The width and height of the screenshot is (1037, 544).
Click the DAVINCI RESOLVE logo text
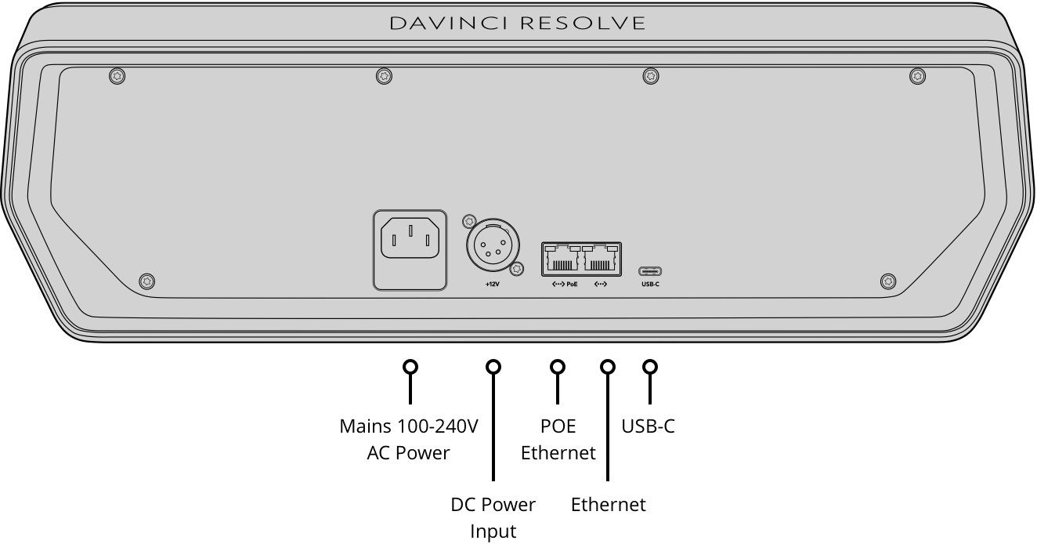click(518, 24)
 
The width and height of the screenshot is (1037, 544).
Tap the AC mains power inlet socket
click(410, 238)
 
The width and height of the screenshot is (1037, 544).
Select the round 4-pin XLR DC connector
click(493, 245)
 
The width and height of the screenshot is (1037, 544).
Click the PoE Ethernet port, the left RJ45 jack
click(562, 259)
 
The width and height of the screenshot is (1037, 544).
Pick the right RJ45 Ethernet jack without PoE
click(601, 259)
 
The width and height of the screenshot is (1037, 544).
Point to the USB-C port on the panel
click(650, 271)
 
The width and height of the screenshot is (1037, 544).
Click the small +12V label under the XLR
click(492, 284)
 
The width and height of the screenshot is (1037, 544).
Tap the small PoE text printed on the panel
click(572, 284)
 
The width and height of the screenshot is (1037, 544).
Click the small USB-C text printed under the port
click(650, 284)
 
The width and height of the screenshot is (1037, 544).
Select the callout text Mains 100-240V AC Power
click(408, 439)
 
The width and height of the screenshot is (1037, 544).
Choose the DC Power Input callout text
click(493, 517)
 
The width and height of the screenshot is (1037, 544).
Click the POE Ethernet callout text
click(558, 439)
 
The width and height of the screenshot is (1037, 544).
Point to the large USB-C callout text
click(648, 426)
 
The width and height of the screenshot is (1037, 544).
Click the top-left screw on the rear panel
click(117, 76)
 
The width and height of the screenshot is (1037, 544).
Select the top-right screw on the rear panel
click(918, 76)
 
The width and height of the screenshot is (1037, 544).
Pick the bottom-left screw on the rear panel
click(146, 281)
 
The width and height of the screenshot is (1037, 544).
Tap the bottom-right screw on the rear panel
click(888, 281)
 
